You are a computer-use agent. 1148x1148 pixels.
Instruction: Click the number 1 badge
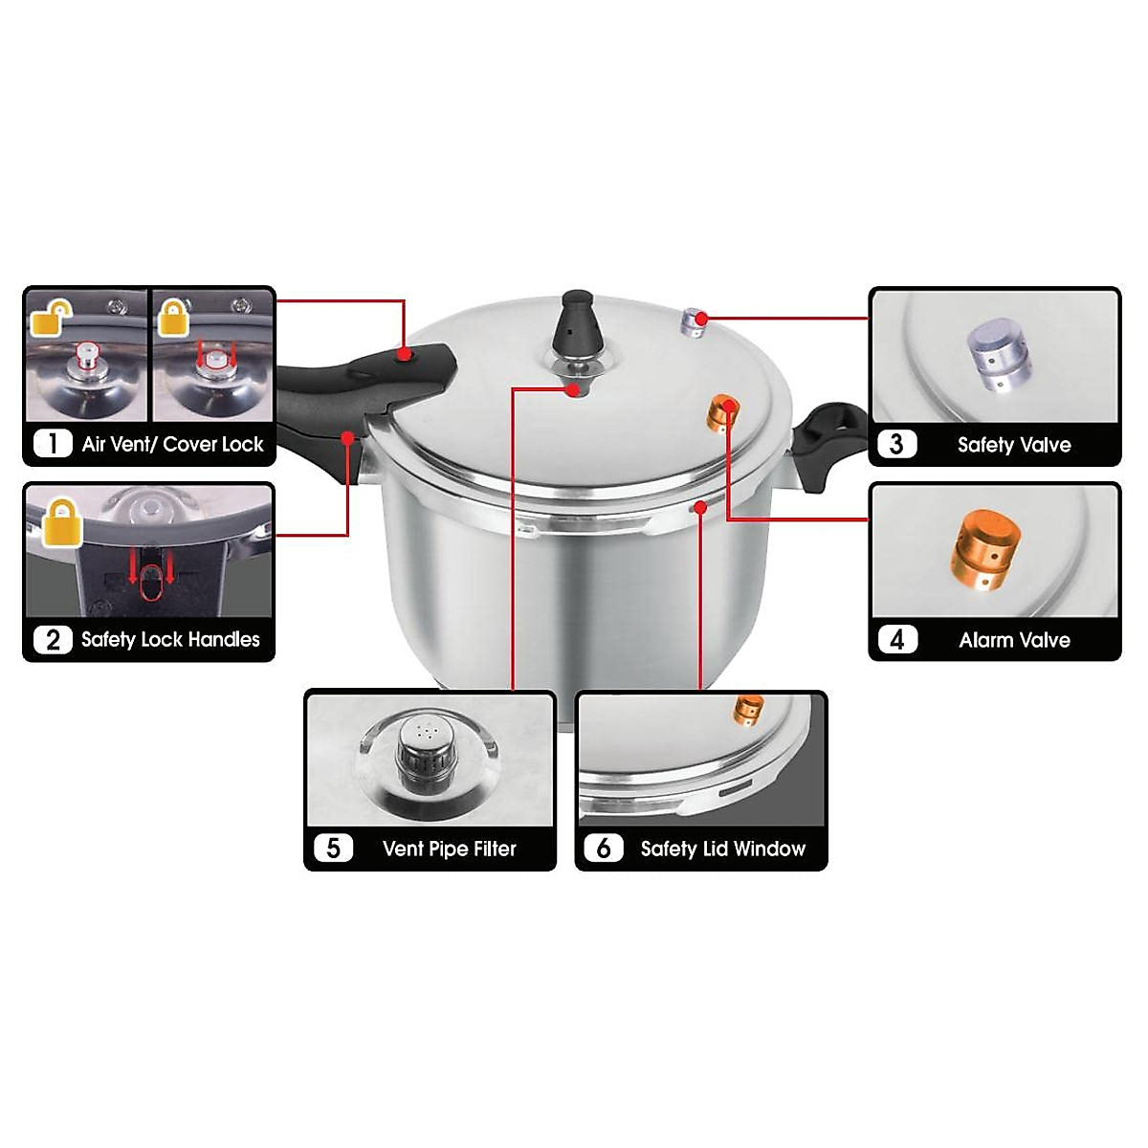point(53,444)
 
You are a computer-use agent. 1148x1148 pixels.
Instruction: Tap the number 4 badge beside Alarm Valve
point(896,639)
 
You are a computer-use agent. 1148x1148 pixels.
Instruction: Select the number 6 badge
point(604,849)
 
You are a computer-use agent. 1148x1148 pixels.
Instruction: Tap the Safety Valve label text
point(1014,445)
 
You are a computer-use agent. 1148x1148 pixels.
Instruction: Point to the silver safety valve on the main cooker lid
point(694,321)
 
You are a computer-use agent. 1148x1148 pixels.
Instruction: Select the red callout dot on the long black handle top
point(405,355)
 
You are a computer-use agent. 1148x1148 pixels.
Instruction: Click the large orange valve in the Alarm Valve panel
point(985,548)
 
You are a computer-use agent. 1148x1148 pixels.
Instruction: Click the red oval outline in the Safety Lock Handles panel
point(150,583)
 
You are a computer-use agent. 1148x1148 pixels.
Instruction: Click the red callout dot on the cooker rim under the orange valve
point(701,508)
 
